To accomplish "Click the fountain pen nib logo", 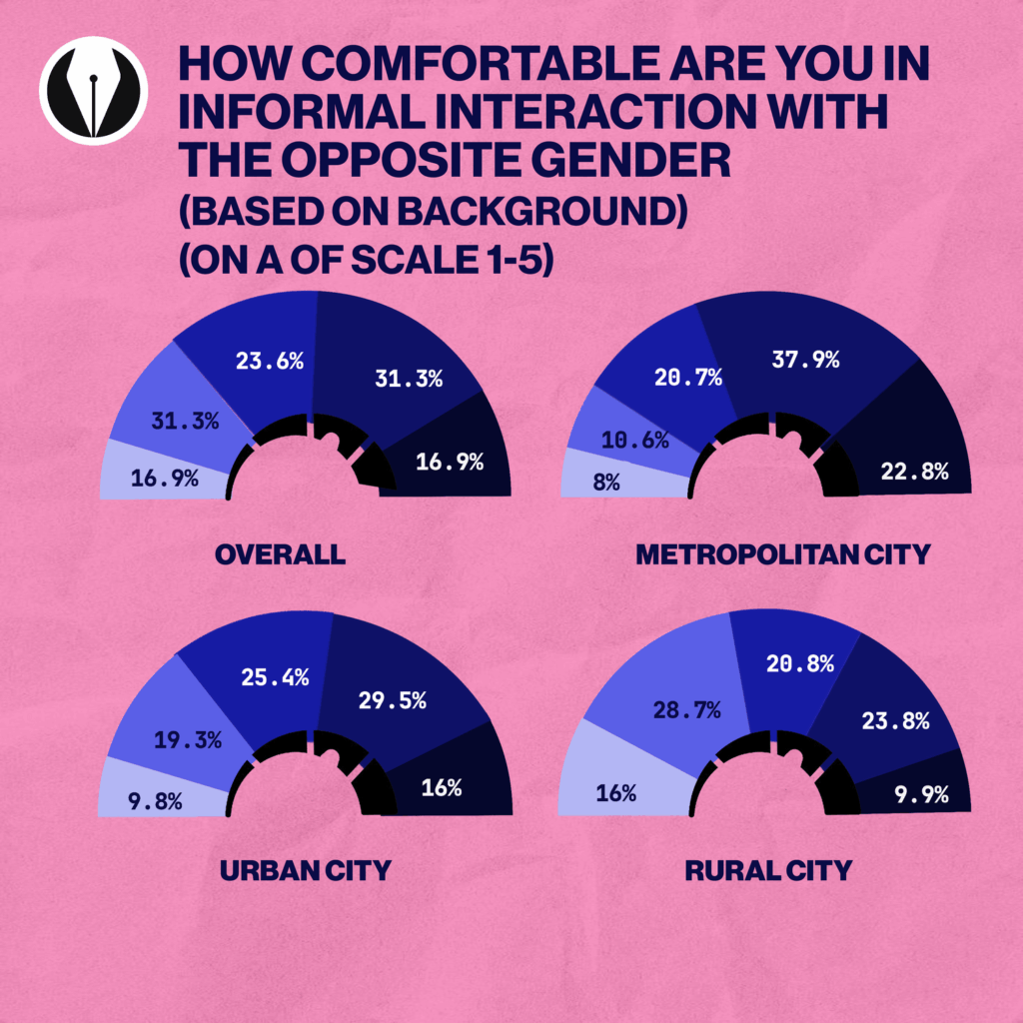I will [93, 91].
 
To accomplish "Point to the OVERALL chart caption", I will [280, 554].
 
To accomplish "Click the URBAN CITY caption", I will [304, 870].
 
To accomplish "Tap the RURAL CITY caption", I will [768, 870].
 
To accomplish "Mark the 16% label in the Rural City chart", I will [616, 794].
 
